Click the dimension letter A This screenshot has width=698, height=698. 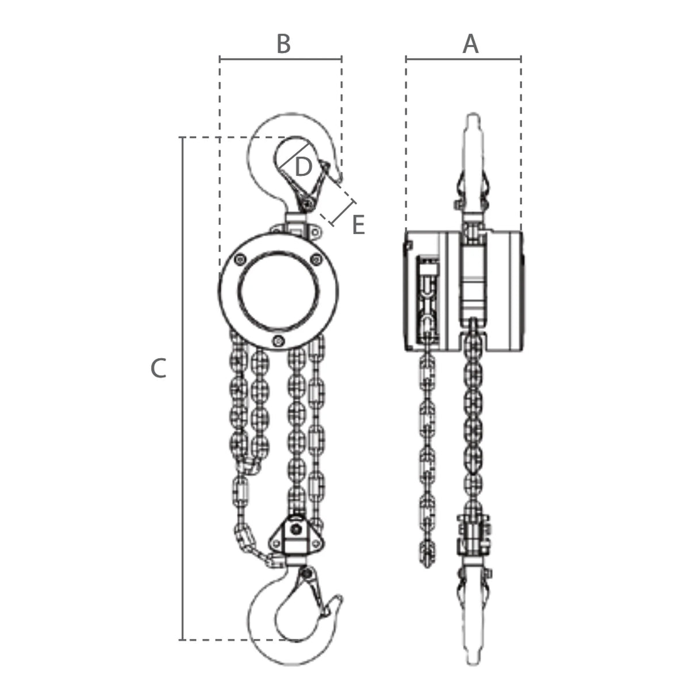[x=470, y=44]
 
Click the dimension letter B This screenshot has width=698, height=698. [x=283, y=44]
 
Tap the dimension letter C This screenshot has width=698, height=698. [x=158, y=368]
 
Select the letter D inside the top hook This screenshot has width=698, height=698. [x=304, y=167]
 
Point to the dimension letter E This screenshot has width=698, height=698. [x=358, y=225]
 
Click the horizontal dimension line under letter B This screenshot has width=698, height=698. [x=281, y=59]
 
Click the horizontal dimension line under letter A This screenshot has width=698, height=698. [x=463, y=59]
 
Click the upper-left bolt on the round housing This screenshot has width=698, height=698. [x=240, y=259]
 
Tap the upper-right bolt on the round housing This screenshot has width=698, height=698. [x=317, y=259]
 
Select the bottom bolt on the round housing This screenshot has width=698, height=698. [x=278, y=340]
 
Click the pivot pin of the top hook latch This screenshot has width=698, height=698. [x=309, y=205]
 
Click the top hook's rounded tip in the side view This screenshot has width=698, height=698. [x=473, y=116]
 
